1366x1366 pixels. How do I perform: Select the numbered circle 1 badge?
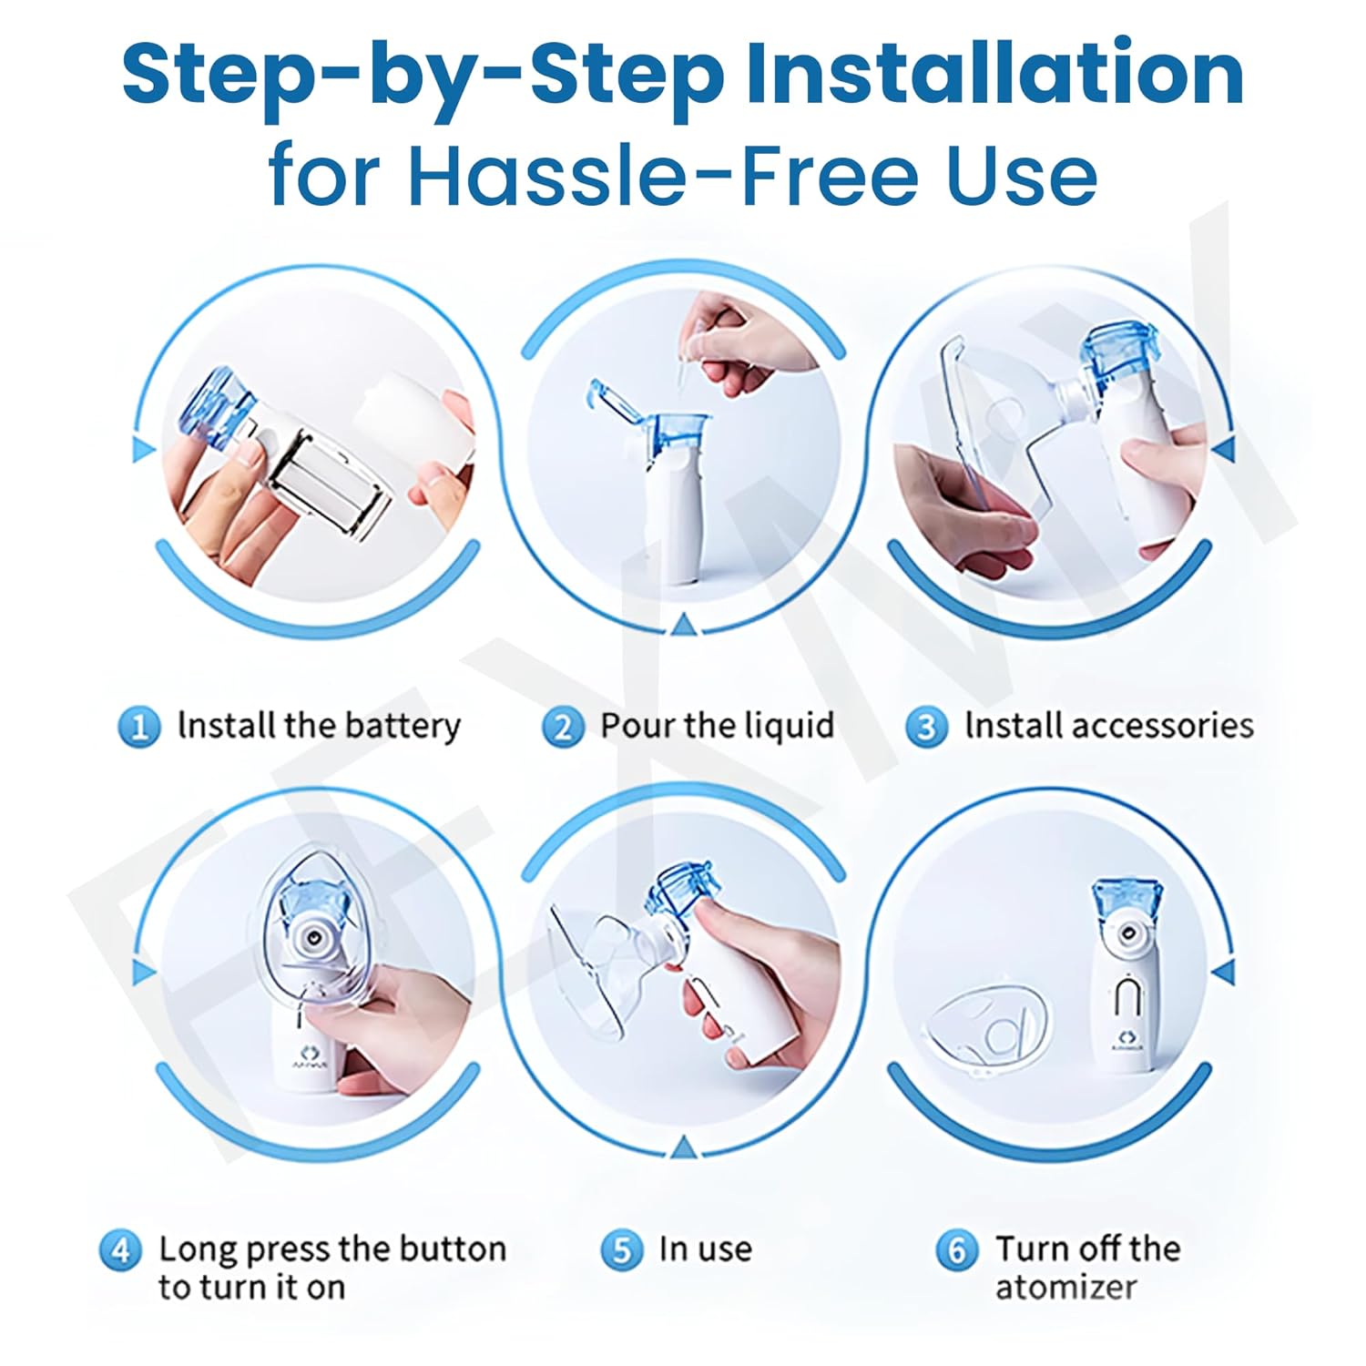[x=139, y=728]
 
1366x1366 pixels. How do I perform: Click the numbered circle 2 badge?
[x=562, y=728]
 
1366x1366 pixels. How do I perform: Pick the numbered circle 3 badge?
[x=926, y=728]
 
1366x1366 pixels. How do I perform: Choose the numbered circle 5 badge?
[x=621, y=1250]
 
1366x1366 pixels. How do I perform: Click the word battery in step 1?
[x=403, y=727]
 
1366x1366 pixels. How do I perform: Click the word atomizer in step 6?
[x=1065, y=1288]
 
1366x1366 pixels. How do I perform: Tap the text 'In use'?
[x=706, y=1249]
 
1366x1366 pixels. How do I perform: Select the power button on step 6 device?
[x=1128, y=997]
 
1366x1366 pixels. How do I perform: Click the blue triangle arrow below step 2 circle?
[x=682, y=624]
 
